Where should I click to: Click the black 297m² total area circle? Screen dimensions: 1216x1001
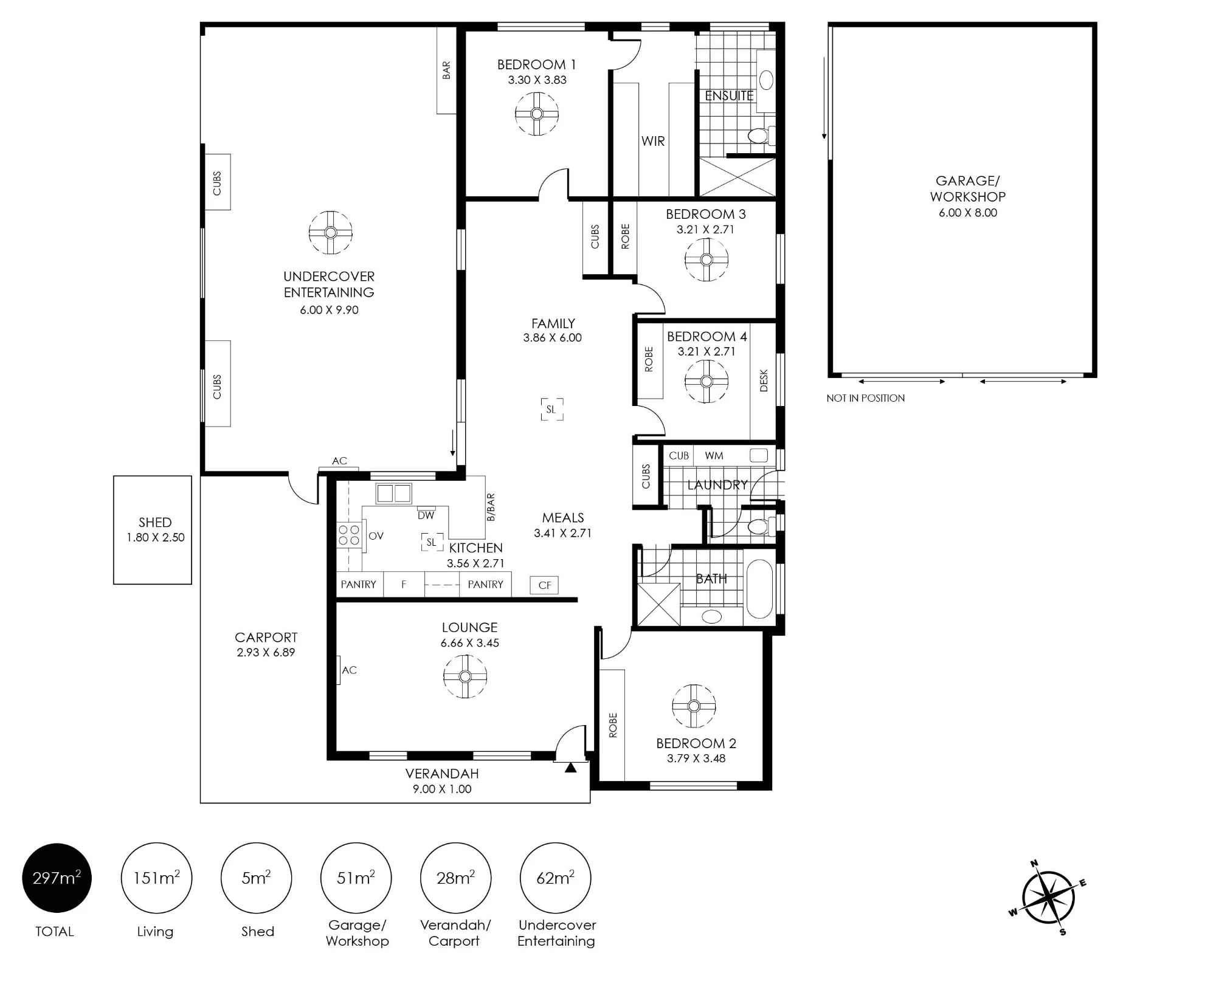click(57, 878)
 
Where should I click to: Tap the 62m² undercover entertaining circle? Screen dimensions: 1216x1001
click(555, 878)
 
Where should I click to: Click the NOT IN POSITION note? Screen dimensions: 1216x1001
click(865, 398)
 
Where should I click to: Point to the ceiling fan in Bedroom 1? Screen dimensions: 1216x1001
click(537, 114)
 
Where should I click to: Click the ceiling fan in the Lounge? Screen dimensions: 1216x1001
click(465, 676)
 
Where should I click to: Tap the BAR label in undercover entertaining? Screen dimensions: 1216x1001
click(446, 70)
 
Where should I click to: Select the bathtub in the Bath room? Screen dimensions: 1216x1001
click(759, 589)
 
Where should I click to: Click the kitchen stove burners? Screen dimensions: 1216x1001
click(349, 535)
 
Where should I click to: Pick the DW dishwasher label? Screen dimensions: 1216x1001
click(426, 515)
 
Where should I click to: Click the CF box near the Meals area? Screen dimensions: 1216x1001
click(544, 585)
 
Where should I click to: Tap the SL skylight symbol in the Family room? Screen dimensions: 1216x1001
click(551, 409)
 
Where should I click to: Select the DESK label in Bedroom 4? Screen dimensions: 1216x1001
click(764, 380)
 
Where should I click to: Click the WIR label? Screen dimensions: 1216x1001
click(653, 141)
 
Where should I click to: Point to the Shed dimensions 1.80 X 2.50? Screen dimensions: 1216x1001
click(155, 537)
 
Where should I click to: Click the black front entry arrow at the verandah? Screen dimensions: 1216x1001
click(570, 768)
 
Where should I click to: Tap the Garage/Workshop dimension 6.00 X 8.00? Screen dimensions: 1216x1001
click(968, 213)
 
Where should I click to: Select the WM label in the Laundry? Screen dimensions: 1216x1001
click(714, 455)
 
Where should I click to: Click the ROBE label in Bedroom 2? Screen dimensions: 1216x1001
click(613, 726)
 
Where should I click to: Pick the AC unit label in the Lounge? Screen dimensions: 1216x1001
click(349, 670)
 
